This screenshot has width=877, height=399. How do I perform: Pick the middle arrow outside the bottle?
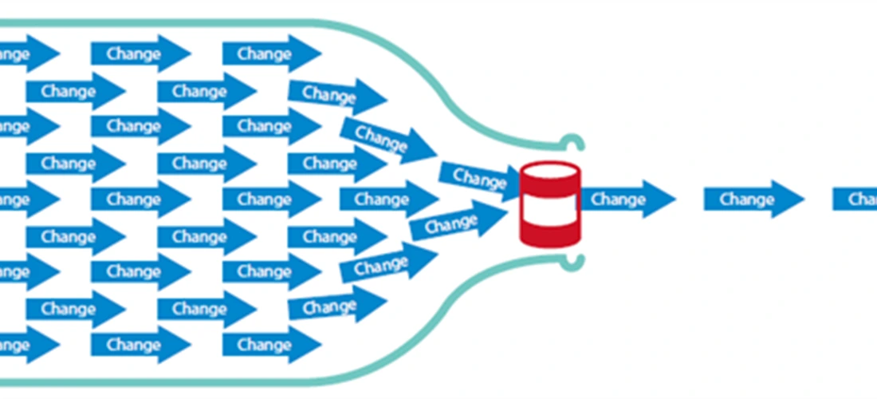click(x=753, y=199)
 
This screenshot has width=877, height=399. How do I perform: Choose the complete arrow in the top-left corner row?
click(x=140, y=54)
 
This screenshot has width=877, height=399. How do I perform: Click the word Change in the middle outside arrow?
click(x=746, y=199)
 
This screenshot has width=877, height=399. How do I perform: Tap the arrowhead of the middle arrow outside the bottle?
click(x=789, y=199)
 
